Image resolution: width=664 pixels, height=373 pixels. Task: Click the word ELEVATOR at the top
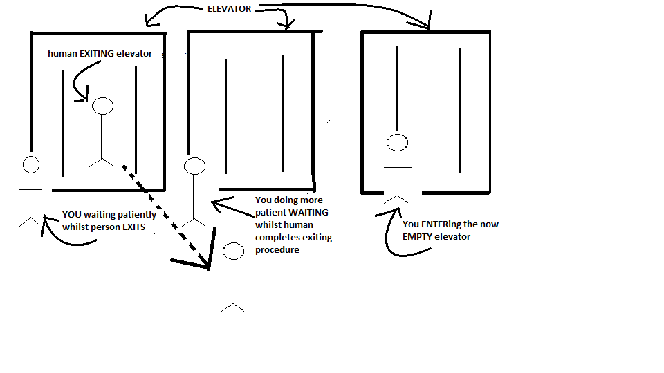pos(229,9)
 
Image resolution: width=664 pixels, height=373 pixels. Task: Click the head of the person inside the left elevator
pos(103,106)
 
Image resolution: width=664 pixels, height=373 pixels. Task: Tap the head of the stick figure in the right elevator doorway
pos(397,143)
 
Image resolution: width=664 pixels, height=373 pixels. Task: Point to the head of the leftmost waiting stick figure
pos(30,164)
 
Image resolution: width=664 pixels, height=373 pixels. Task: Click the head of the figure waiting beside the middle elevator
pos(195,166)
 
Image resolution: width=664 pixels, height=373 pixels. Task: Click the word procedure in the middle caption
pos(277,250)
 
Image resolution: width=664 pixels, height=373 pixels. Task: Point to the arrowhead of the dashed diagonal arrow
pos(205,264)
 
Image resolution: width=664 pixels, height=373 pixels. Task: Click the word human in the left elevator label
pos(62,53)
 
